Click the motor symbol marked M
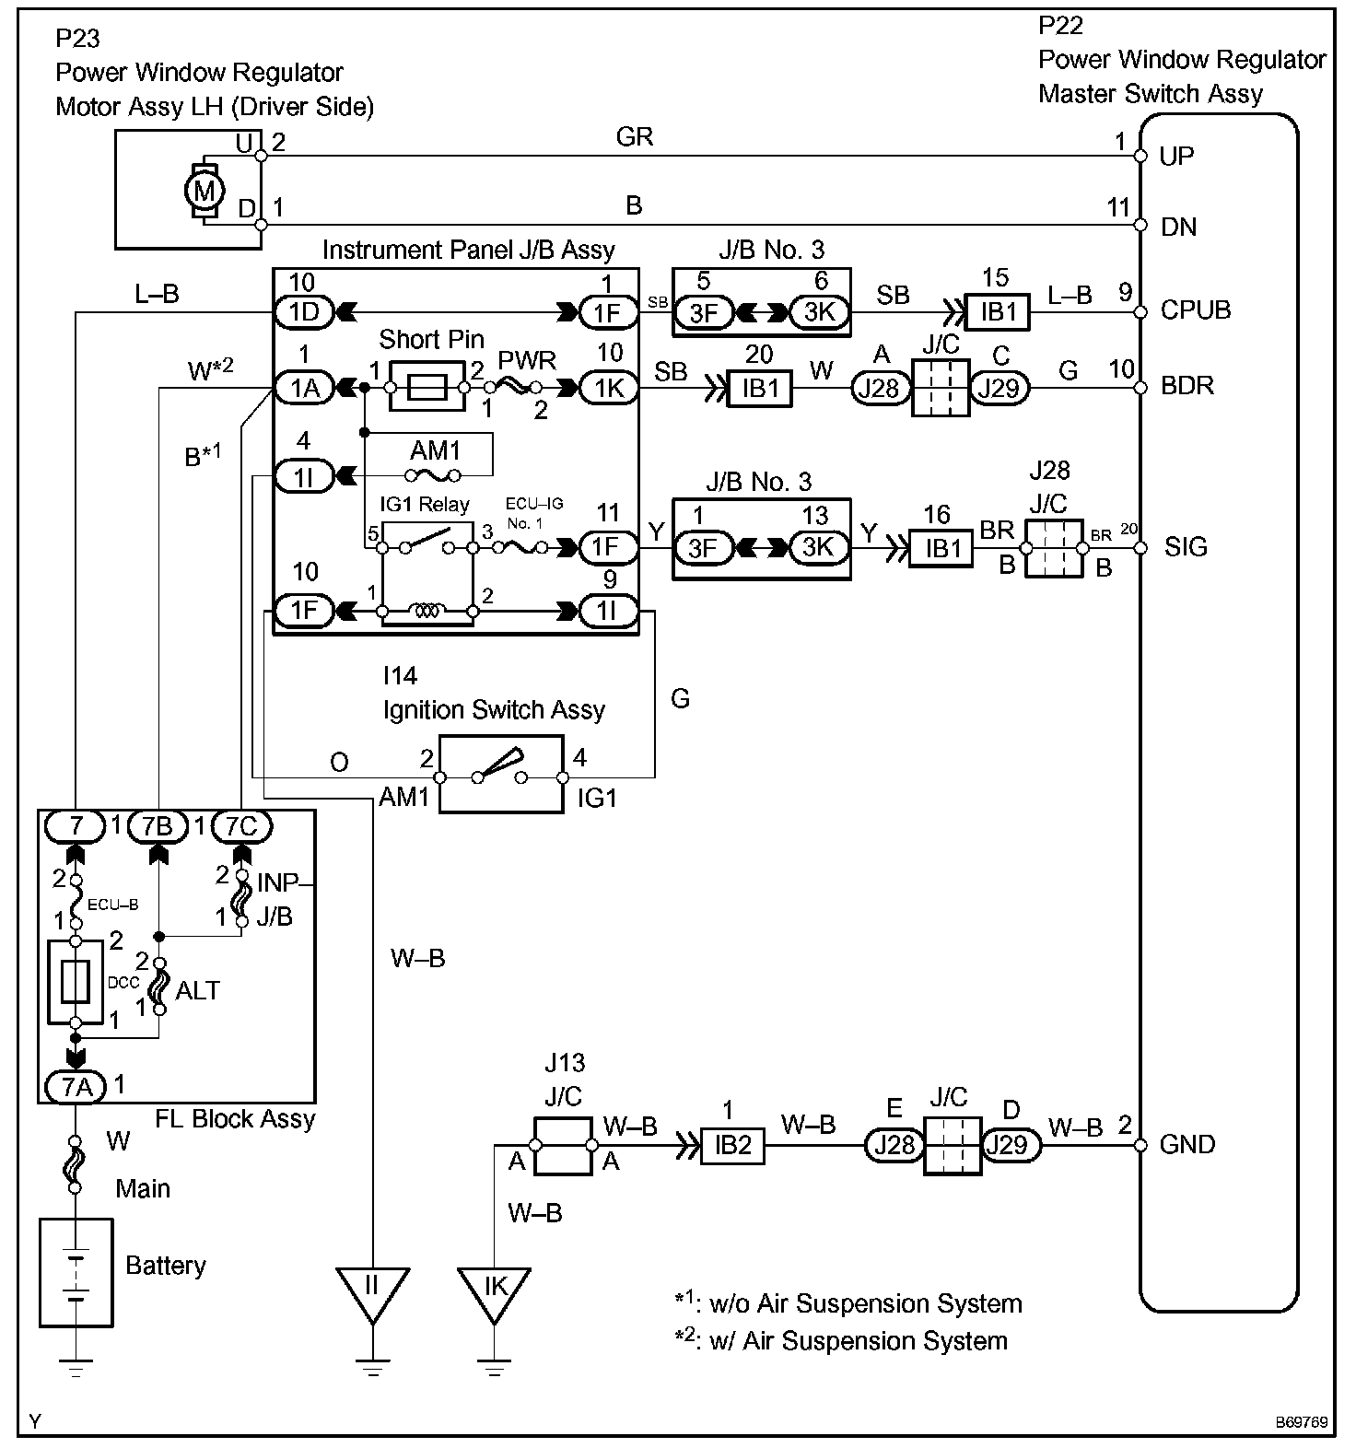(205, 191)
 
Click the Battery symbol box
(76, 1272)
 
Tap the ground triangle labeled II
(372, 1290)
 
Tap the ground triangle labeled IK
(495, 1290)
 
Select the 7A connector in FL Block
(76, 1087)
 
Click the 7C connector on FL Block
(241, 826)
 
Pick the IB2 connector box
(732, 1145)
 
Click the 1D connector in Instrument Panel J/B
(304, 312)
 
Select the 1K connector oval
(608, 389)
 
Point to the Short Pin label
(431, 339)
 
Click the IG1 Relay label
(425, 504)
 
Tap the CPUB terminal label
(1195, 310)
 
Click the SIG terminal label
(1185, 547)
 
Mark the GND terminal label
(1186, 1145)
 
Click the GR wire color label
(635, 137)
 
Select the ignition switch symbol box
(500, 774)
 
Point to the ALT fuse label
(197, 990)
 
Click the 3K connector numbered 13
(816, 548)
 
